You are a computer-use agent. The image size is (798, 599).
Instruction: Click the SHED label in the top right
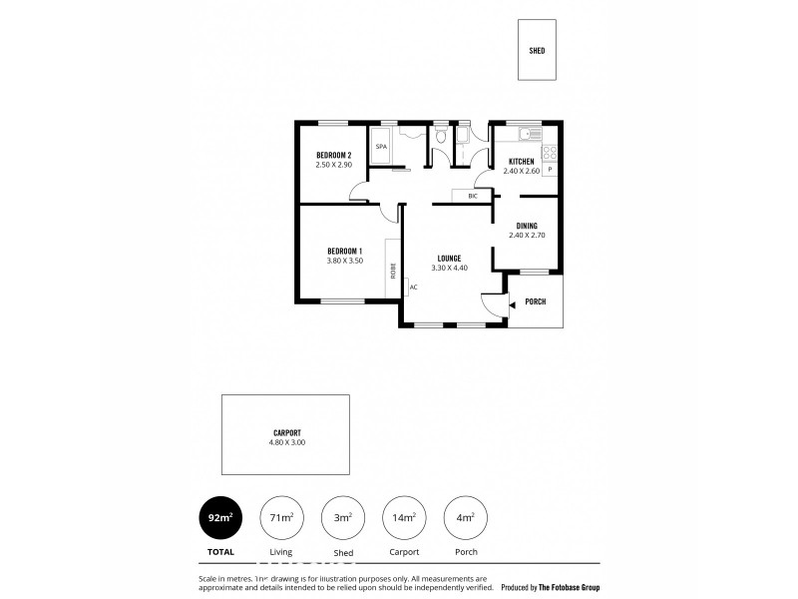[537, 51]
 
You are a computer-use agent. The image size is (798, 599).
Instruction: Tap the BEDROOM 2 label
[334, 155]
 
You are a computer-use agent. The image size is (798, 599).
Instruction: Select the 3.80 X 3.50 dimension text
[344, 261]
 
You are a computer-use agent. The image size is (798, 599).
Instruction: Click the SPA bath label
[381, 148]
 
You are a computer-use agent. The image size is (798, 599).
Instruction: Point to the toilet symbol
[440, 139]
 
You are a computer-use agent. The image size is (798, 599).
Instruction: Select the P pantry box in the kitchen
[550, 171]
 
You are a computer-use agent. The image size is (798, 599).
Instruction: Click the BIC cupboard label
[473, 196]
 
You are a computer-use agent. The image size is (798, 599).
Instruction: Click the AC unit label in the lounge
[412, 288]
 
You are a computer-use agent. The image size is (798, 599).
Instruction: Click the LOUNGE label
[447, 258]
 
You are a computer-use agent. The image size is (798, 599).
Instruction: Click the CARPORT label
[285, 432]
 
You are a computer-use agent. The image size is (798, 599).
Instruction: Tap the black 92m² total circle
[221, 517]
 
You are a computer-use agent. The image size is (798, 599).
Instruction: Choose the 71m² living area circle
[281, 517]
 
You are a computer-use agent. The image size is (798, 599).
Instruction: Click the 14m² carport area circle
[403, 517]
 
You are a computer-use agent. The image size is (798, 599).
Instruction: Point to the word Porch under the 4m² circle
[464, 550]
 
